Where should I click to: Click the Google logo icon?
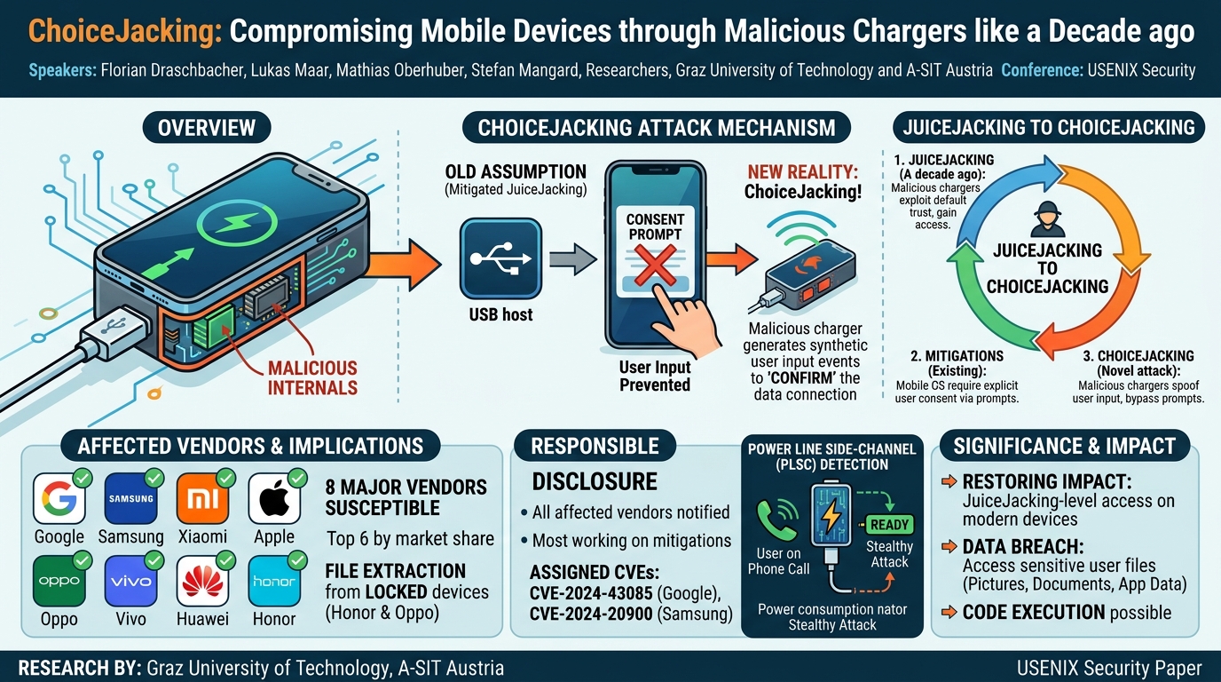(59, 499)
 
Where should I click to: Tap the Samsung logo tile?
(130, 499)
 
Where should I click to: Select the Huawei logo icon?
(203, 582)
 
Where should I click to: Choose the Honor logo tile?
(274, 582)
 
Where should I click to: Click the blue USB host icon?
(500, 258)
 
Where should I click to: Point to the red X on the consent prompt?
(655, 266)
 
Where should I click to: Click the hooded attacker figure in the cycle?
(1047, 219)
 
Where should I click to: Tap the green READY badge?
(889, 524)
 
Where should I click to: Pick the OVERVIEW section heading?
(207, 128)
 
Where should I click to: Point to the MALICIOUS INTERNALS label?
(312, 377)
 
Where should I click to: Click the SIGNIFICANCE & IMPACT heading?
(1064, 446)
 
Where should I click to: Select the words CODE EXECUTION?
(1034, 612)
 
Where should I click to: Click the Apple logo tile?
(274, 499)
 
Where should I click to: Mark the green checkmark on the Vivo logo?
(154, 560)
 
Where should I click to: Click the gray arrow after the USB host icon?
(573, 258)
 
